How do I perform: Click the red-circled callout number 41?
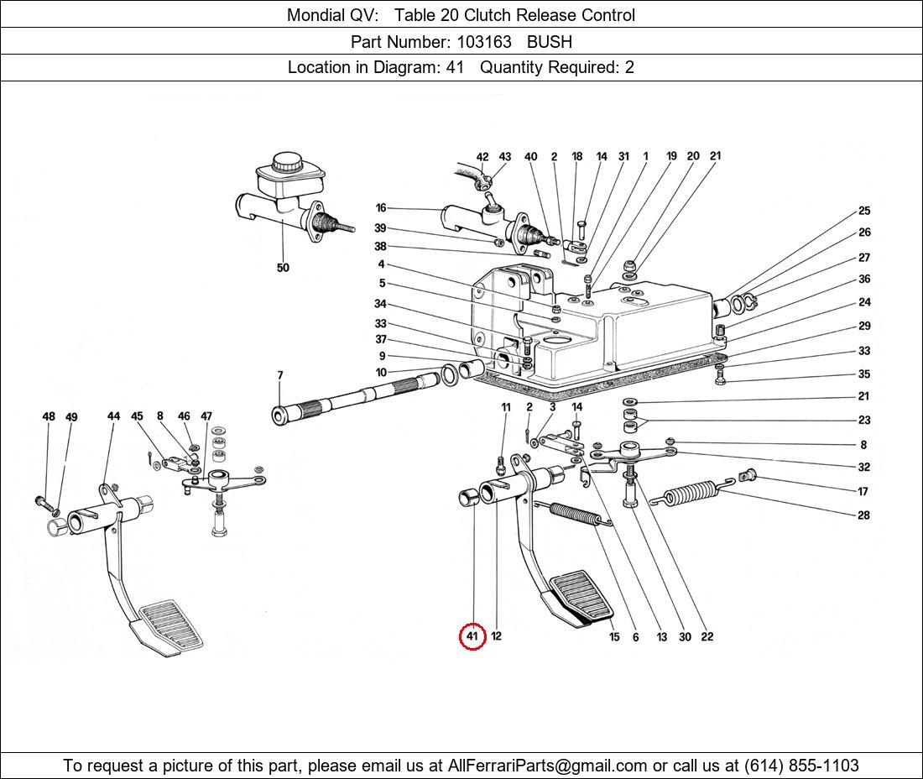(x=472, y=637)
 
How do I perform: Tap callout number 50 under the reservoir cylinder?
(x=283, y=268)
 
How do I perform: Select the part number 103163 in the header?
(x=483, y=41)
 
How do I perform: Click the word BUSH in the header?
(x=550, y=41)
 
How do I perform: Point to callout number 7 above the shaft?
(x=280, y=375)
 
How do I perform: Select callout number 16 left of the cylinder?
(x=381, y=208)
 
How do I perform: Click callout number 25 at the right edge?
(x=864, y=212)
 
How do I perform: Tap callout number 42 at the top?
(x=482, y=157)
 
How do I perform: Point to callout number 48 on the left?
(x=49, y=416)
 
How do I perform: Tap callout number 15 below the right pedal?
(x=614, y=638)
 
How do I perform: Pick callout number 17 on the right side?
(x=863, y=492)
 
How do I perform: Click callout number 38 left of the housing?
(x=381, y=247)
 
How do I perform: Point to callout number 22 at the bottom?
(x=707, y=637)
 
